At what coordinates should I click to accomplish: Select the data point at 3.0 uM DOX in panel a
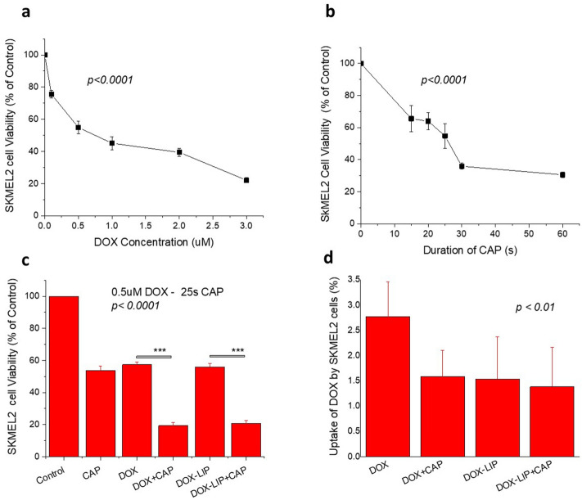point(246,180)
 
